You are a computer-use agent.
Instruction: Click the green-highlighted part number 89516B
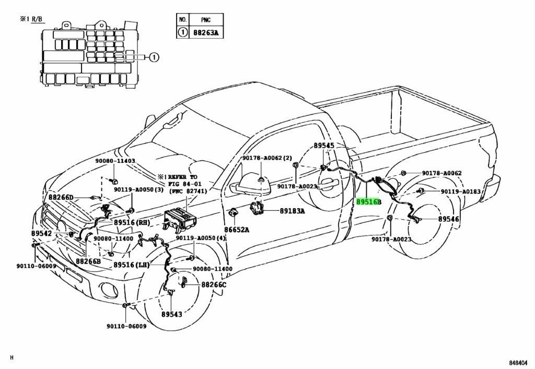click(368, 202)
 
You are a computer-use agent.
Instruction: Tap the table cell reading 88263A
click(206, 33)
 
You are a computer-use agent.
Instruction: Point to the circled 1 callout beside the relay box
click(154, 57)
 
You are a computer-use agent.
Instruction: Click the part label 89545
click(324, 146)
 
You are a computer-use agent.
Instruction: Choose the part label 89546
click(448, 219)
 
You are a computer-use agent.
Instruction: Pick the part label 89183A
click(293, 211)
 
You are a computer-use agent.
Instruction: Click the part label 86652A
click(237, 230)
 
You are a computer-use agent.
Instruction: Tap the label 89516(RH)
click(132, 222)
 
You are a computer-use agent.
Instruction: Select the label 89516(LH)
click(131, 265)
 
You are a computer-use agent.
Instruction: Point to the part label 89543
click(171, 314)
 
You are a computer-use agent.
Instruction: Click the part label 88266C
click(214, 284)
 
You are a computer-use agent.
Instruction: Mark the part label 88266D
click(61, 197)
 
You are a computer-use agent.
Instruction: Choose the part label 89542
click(41, 233)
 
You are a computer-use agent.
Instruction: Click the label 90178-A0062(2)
click(267, 158)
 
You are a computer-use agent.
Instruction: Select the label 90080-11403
click(115, 161)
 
